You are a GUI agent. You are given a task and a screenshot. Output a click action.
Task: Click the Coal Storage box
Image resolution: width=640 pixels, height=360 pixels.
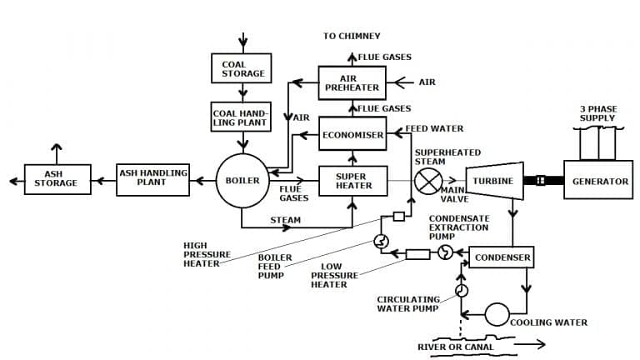click(242, 69)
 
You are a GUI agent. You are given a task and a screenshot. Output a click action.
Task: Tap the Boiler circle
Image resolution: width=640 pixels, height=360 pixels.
click(242, 180)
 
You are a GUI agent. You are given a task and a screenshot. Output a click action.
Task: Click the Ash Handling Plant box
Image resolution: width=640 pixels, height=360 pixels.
click(152, 180)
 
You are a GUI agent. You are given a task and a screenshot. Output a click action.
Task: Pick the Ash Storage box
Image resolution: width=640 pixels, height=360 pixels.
click(56, 180)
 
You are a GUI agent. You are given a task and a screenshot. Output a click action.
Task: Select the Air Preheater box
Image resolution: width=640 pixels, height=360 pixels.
click(352, 82)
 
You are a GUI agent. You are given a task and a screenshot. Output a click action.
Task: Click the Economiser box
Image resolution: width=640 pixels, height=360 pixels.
click(352, 134)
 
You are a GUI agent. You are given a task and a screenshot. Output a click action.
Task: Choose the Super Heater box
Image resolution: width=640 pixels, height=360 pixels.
click(352, 180)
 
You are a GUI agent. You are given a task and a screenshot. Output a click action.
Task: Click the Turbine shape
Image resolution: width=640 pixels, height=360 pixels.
click(494, 181)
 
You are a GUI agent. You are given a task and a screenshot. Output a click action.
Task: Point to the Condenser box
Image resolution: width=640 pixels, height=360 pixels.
click(502, 257)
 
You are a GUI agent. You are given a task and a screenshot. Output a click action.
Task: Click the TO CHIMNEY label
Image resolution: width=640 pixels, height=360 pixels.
click(352, 36)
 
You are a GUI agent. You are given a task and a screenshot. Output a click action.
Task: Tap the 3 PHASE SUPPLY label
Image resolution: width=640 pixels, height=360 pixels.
click(597, 114)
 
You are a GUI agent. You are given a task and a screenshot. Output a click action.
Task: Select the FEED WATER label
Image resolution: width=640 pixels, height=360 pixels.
click(434, 129)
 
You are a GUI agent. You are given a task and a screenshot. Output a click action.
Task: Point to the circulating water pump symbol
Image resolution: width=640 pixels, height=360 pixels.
click(461, 290)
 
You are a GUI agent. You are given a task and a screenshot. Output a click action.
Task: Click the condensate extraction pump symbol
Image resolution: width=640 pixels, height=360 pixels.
click(445, 252)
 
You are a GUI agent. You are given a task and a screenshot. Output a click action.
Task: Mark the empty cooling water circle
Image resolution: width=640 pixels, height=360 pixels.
click(497, 314)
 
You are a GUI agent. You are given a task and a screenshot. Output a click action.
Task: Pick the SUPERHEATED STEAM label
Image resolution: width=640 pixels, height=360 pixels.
click(436, 157)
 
